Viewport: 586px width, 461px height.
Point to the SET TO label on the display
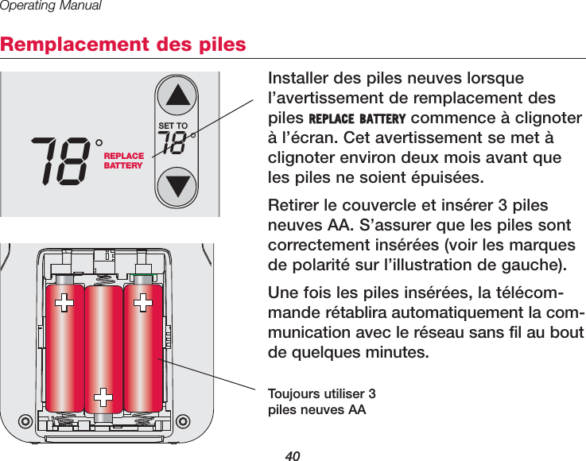point(173,126)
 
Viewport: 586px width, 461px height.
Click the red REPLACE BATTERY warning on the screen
point(124,161)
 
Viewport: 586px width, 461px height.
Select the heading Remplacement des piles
point(123,44)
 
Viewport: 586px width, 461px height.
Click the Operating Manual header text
point(51,6)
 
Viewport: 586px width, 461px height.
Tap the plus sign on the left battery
point(63,303)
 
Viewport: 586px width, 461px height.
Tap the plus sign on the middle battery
point(103,396)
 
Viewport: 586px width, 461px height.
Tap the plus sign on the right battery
point(144,303)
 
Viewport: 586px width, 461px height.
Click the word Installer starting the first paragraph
point(300,80)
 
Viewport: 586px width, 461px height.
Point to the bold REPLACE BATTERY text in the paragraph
point(357,119)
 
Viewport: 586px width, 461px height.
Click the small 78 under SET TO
point(176,144)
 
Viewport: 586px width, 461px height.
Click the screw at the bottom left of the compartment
point(25,421)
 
